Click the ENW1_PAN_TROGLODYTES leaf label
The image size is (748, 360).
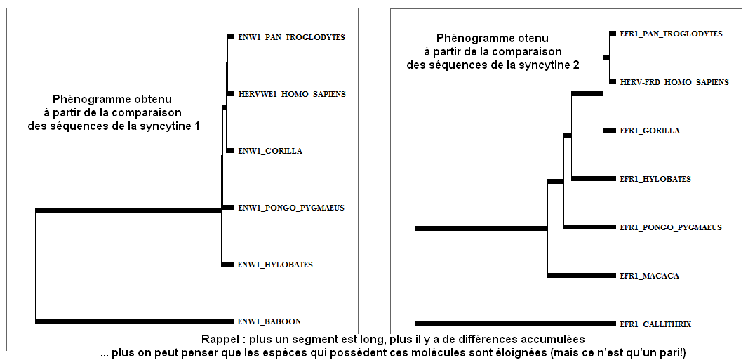tap(291, 36)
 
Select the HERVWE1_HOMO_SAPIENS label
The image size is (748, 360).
tap(291, 94)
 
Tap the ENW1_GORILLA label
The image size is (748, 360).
tap(270, 151)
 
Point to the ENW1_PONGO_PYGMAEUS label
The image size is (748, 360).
tap(291, 208)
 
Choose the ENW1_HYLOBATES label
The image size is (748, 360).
tap(275, 264)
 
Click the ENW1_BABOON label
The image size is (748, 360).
tap(269, 321)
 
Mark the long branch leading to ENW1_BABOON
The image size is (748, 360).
tap(135, 321)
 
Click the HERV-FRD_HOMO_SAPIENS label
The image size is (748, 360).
tap(674, 82)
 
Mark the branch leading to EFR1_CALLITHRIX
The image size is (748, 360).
tap(515, 324)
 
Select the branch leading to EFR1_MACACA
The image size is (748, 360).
tap(582, 276)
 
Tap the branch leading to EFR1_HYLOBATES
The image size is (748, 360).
tap(594, 179)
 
